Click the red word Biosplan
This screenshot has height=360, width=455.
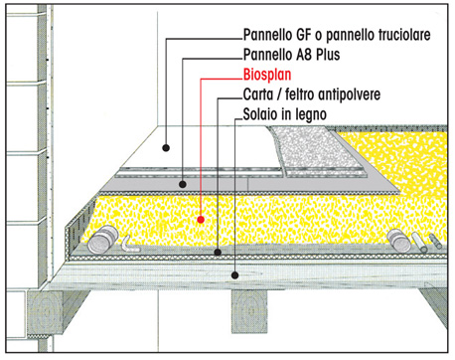tap(267, 75)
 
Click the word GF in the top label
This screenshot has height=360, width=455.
tap(303, 35)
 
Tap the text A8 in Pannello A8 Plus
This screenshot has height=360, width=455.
tap(304, 55)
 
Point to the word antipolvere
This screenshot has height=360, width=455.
tap(351, 94)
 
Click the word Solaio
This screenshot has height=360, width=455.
tap(260, 114)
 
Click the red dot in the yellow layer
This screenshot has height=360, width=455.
tap(201, 220)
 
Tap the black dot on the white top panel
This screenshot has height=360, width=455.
tap(166, 148)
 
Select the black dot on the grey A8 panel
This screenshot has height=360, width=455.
tap(183, 184)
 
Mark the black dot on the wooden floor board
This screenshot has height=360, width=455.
tap(234, 274)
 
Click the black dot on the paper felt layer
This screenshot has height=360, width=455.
tap(218, 253)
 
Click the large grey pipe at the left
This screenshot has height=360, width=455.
tap(103, 240)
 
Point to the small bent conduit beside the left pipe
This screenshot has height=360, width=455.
tap(129, 245)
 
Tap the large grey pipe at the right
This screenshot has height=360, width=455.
tap(398, 240)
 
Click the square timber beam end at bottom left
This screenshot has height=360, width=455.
tap(46, 312)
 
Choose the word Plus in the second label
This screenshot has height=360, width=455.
tap(328, 55)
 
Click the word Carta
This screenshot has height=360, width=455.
tap(257, 94)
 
